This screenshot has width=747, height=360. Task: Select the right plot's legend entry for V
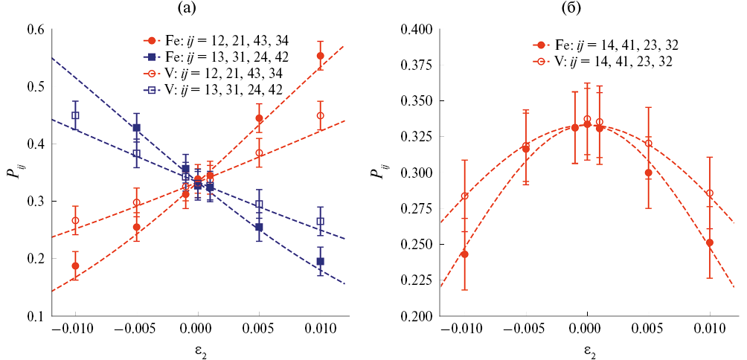603,62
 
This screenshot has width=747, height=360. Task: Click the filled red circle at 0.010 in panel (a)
321,56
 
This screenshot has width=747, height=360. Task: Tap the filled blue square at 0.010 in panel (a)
321,261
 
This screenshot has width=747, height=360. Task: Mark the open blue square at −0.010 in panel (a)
75,115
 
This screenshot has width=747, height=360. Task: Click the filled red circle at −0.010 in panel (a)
75,266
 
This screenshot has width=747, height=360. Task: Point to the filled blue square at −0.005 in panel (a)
136,128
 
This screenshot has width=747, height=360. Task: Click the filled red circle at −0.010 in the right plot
465,254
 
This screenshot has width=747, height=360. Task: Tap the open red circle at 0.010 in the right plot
710,193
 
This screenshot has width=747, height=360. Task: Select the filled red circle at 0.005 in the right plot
649,173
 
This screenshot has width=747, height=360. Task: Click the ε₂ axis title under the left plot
197,349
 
